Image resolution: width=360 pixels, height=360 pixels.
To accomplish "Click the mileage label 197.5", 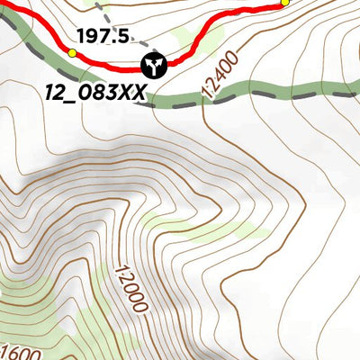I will tap(104, 36).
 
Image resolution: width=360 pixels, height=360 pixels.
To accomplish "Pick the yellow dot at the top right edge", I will tap(284, 3).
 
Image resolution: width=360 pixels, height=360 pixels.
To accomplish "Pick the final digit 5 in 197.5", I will tap(124, 36).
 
